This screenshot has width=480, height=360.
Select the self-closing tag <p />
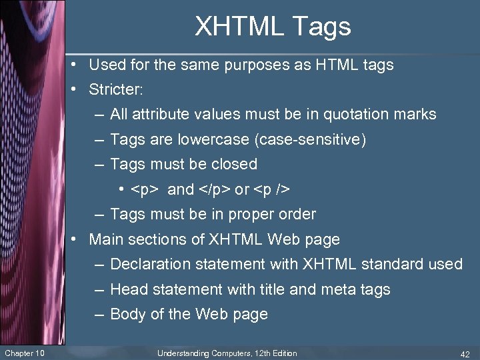pos(271,189)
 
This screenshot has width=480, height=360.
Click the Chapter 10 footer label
pos(25,353)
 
